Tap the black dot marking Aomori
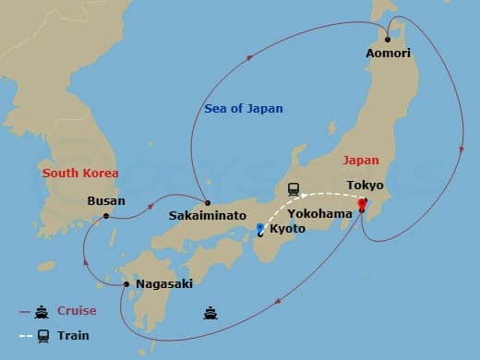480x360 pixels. (388, 40)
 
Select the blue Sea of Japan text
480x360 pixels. (243, 109)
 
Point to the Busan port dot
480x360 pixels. (107, 216)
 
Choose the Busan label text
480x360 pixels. (105, 199)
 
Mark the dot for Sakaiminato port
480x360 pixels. (208, 203)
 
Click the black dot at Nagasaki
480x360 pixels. (126, 283)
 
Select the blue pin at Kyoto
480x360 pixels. (261, 227)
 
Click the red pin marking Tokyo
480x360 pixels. (362, 203)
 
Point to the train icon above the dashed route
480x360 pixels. (294, 188)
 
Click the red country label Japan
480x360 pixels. (361, 159)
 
